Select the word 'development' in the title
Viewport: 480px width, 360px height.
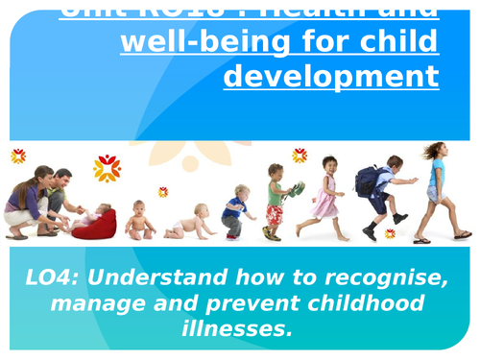pos(331,76)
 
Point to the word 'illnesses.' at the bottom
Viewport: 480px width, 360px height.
pos(240,329)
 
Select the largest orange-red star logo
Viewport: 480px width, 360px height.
pos(107,168)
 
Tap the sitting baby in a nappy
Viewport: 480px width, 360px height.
pos(142,220)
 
